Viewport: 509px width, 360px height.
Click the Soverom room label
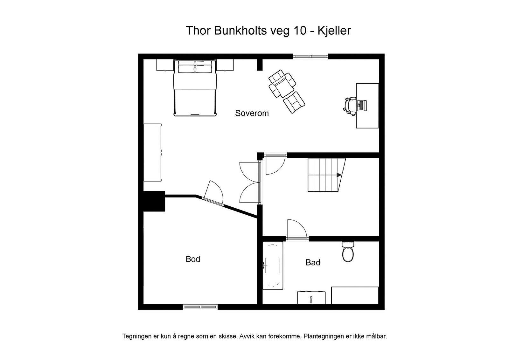click(x=252, y=113)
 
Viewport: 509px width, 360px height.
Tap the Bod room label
click(x=193, y=259)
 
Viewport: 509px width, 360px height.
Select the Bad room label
click(x=313, y=262)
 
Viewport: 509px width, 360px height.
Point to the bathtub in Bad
click(x=273, y=265)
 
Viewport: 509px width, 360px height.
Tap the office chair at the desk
click(x=350, y=105)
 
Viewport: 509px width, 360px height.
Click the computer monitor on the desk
click(x=361, y=105)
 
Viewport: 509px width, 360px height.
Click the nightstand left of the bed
click(x=165, y=65)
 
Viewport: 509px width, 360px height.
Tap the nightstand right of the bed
click(x=225, y=65)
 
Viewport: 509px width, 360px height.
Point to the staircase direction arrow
click(x=338, y=175)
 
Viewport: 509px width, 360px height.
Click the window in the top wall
click(x=310, y=56)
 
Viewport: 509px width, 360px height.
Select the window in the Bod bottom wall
click(x=200, y=307)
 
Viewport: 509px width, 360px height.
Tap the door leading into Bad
click(x=297, y=229)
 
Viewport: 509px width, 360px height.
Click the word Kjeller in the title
click(x=334, y=31)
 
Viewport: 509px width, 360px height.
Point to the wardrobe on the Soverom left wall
click(x=152, y=153)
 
